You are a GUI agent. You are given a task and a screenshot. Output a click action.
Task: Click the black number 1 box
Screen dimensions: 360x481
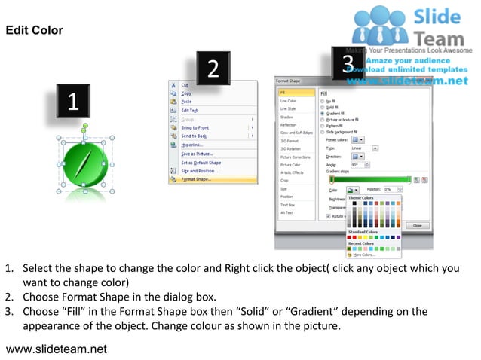(x=72, y=102)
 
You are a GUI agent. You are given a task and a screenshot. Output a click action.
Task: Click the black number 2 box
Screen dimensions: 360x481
(x=213, y=69)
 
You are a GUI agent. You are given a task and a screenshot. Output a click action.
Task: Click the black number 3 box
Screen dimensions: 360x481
(x=348, y=63)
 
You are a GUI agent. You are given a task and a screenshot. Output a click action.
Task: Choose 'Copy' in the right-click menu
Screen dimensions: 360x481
(x=186, y=93)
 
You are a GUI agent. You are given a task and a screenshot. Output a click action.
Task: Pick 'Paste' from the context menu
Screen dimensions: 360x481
(x=187, y=102)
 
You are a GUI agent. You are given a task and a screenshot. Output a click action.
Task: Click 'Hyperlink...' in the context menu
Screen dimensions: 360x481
(x=193, y=145)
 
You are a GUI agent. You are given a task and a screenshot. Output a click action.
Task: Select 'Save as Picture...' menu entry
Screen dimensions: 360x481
(x=197, y=154)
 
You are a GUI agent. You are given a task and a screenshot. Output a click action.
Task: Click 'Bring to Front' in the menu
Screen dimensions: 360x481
(x=196, y=127)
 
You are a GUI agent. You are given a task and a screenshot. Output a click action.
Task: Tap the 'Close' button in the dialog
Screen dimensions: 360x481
(x=417, y=225)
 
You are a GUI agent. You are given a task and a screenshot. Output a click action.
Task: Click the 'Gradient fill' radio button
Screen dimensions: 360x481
(x=323, y=113)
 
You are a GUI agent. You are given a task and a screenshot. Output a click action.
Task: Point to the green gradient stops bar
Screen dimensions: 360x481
(x=370, y=179)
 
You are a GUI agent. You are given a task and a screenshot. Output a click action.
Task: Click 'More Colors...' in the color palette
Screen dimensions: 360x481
(x=365, y=255)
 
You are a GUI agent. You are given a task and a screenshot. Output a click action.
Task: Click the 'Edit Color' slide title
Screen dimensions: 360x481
(x=35, y=30)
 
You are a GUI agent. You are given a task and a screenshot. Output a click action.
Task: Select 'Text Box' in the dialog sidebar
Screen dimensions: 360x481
(x=288, y=204)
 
